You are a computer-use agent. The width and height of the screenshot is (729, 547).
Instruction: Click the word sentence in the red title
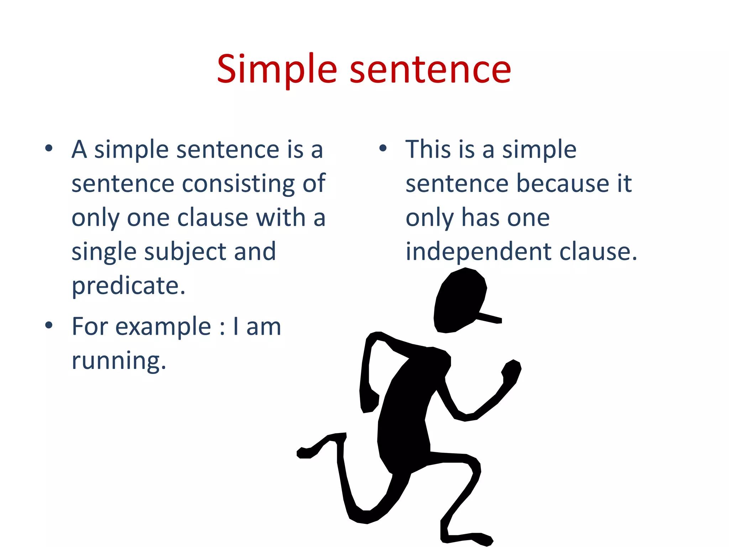tap(430, 69)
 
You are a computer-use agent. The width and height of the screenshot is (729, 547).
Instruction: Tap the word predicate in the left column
tap(129, 286)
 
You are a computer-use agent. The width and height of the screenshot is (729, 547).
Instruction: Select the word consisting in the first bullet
tap(238, 184)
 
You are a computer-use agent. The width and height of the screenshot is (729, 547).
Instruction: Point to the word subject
tap(185, 252)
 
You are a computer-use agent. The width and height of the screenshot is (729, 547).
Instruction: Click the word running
tap(119, 361)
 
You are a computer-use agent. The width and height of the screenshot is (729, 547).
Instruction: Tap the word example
tap(163, 327)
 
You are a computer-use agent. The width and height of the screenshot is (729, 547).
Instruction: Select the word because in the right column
tap(562, 184)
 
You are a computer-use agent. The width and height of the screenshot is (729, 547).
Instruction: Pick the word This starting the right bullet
tap(428, 149)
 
